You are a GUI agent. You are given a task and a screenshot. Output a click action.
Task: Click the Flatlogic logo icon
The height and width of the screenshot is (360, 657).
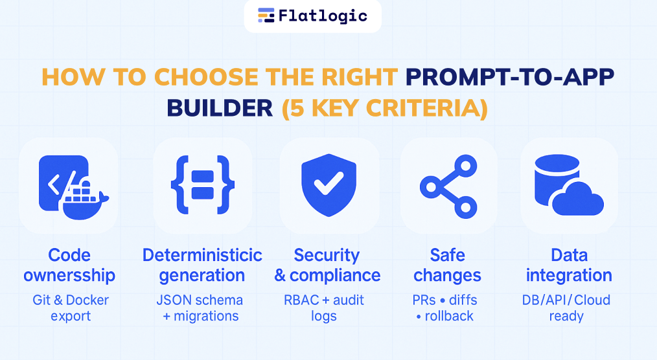tap(266, 15)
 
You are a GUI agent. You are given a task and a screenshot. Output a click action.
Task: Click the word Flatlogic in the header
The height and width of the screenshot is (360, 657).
tap(323, 16)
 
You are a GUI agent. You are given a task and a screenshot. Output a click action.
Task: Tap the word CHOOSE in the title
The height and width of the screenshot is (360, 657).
tap(207, 77)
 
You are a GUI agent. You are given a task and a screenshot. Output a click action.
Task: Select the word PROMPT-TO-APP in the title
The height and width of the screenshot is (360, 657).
tap(510, 77)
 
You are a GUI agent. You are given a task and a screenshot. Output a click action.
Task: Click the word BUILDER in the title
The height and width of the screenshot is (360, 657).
tap(220, 108)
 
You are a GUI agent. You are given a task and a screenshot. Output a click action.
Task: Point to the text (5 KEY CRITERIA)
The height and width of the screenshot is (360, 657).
tap(385, 109)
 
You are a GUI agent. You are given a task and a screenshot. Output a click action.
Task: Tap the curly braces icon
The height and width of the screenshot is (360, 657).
tap(202, 185)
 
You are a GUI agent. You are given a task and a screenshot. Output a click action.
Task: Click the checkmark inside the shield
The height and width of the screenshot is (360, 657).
tap(329, 184)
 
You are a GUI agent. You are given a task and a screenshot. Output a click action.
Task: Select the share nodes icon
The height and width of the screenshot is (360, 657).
tap(448, 186)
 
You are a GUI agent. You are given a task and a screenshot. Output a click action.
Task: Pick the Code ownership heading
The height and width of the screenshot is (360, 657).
tap(69, 265)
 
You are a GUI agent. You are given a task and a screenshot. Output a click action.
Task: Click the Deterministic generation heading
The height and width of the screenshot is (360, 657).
tap(202, 265)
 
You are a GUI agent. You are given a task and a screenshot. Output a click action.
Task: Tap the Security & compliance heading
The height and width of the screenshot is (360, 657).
tap(327, 265)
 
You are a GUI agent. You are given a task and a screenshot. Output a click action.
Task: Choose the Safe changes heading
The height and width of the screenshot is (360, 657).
tap(447, 265)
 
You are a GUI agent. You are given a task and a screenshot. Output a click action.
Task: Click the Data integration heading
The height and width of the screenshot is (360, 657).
tap(569, 265)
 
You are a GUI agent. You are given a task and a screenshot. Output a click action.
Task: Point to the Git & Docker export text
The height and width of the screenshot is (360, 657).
tap(71, 308)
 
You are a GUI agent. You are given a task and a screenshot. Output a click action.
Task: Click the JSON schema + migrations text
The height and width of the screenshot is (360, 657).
tap(200, 308)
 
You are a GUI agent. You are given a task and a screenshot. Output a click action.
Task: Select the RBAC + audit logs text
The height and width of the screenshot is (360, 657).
tap(324, 308)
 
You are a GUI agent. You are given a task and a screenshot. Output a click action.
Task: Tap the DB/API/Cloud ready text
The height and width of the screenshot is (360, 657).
tap(566, 308)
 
